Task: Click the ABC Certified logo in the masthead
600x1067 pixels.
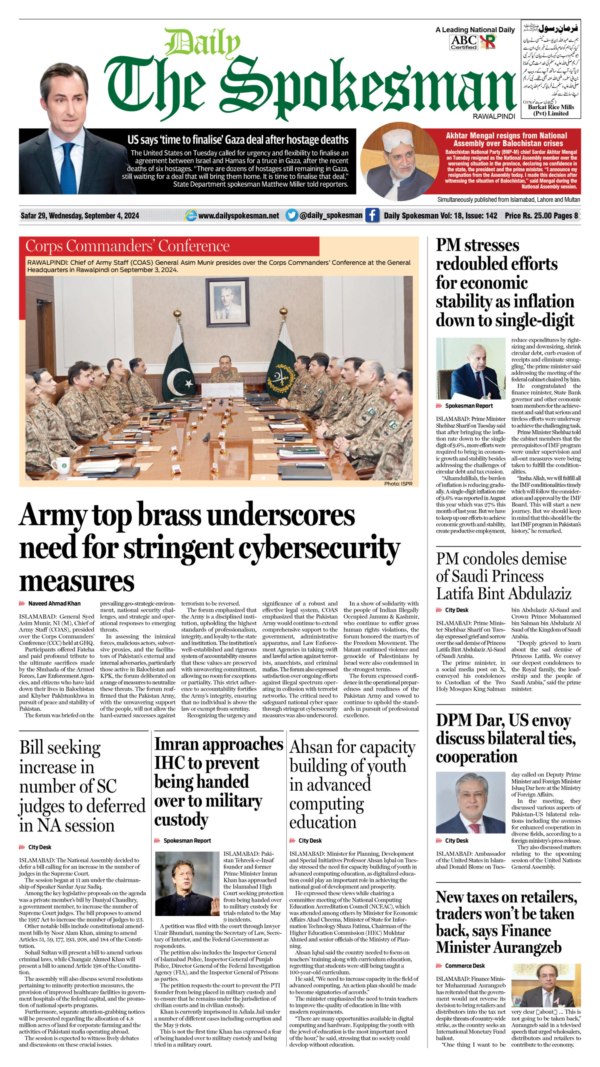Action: [463, 42]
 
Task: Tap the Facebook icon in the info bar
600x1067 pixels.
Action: [372, 215]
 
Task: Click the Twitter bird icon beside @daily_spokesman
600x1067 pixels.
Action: [292, 215]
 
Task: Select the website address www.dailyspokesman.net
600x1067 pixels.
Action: [238, 215]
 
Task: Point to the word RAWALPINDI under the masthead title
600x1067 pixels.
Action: [493, 117]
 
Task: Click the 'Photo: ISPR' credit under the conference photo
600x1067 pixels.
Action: [398, 483]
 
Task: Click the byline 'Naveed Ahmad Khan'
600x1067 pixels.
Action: [54, 603]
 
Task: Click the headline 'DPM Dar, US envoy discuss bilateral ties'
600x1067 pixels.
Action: [505, 738]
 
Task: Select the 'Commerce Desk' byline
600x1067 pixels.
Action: [465, 966]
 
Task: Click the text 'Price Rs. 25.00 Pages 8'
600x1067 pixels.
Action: [541, 215]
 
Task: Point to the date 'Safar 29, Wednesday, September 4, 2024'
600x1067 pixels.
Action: [80, 215]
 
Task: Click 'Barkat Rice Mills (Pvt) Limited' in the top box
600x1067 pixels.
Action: [551, 110]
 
